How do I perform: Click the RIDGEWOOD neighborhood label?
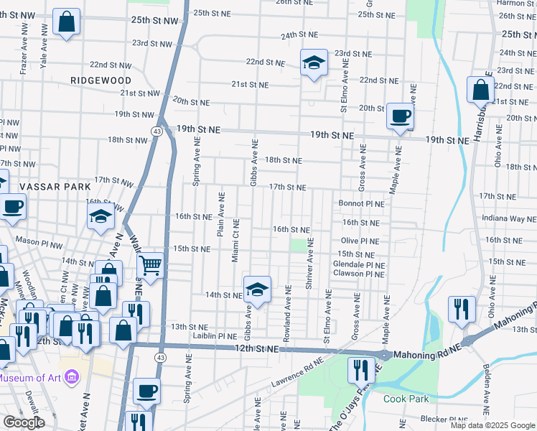click(x=101, y=80)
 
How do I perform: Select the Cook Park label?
click(x=406, y=399)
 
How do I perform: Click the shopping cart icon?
click(x=151, y=266)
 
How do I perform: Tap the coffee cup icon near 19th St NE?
click(x=400, y=116)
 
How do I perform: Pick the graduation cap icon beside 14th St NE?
click(x=257, y=290)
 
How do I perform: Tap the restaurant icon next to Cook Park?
click(x=361, y=369)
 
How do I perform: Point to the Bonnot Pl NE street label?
click(x=362, y=204)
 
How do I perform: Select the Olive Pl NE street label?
click(x=360, y=241)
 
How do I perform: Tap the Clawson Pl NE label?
click(x=358, y=274)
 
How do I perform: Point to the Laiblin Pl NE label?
click(x=215, y=335)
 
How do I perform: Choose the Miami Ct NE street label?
click(x=235, y=241)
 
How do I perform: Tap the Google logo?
click(x=24, y=422)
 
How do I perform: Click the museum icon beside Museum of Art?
click(x=70, y=376)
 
